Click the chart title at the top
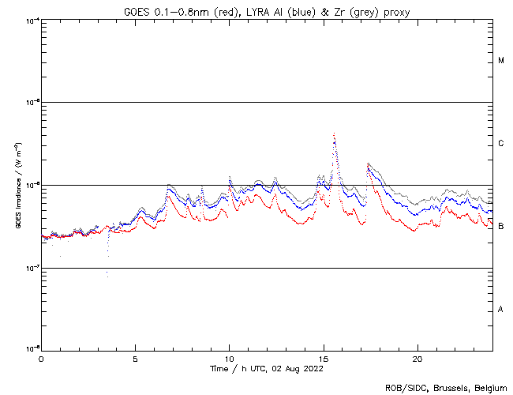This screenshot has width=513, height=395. tap(267, 11)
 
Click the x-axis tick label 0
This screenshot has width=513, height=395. tap(41, 358)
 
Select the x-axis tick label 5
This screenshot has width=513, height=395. tap(135, 358)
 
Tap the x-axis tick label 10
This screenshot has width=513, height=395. tap(230, 358)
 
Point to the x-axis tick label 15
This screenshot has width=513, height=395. tap(324, 358)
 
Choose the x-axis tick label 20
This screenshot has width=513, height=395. tap(418, 358)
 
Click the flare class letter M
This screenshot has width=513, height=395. tap(501, 61)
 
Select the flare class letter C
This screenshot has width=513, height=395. tap(501, 144)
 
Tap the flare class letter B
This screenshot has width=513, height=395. tap(501, 227)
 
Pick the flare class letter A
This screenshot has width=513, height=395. tap(501, 310)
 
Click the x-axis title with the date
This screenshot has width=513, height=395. tap(267, 368)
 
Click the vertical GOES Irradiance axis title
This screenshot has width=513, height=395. tap(17, 185)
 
